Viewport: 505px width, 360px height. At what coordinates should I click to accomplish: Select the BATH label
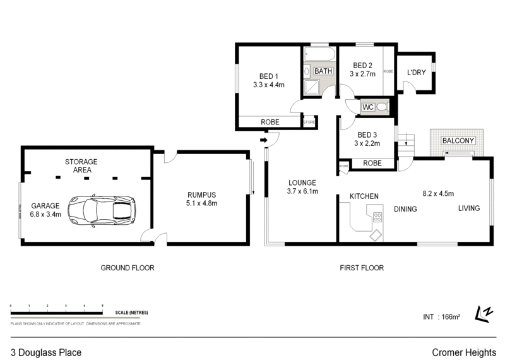tap(323, 71)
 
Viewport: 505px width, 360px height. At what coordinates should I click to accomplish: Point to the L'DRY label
tap(417, 73)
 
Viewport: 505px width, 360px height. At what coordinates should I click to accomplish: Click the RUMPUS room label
tap(203, 195)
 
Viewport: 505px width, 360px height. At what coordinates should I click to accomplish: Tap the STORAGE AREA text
tap(81, 165)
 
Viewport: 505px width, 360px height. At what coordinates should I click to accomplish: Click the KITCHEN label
tap(364, 196)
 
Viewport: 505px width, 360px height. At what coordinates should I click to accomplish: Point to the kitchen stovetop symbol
tap(377, 217)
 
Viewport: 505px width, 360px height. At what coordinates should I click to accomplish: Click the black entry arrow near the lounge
tap(263, 140)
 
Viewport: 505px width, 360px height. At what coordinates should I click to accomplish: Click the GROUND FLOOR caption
tap(128, 268)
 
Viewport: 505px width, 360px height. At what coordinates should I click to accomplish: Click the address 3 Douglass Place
tap(45, 352)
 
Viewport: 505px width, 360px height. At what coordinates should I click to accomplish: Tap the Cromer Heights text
tap(463, 352)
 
